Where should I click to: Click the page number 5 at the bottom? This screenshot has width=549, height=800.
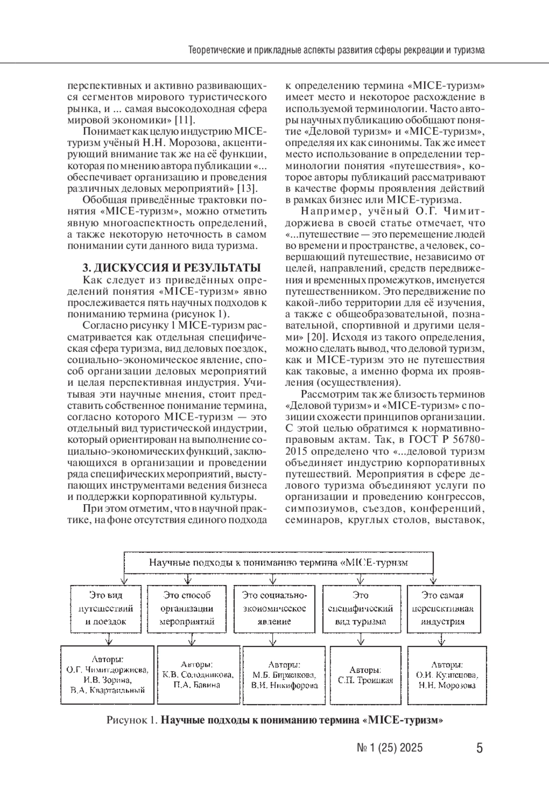pyautogui.click(x=479, y=748)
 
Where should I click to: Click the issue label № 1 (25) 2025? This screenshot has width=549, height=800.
pyautogui.click(x=389, y=748)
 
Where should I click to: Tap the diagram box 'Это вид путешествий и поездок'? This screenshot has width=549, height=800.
pyautogui.click(x=106, y=608)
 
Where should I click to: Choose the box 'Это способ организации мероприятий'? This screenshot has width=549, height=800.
pyautogui.click(x=187, y=608)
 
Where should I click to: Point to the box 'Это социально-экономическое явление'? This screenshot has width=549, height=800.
pyautogui.click(x=274, y=608)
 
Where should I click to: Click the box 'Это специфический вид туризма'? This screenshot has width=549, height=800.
pyautogui.click(x=361, y=608)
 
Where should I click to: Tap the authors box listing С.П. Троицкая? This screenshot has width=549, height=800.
pyautogui.click(x=366, y=675)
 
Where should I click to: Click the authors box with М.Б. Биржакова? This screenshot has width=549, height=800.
pyautogui.click(x=284, y=675)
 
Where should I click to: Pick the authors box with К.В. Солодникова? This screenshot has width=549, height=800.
pyautogui.click(x=198, y=675)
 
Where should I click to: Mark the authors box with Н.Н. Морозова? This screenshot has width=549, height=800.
pyautogui.click(x=447, y=675)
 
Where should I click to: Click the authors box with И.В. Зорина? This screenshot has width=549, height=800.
pyautogui.click(x=107, y=675)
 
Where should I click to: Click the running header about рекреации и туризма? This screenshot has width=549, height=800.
pyautogui.click(x=336, y=49)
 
